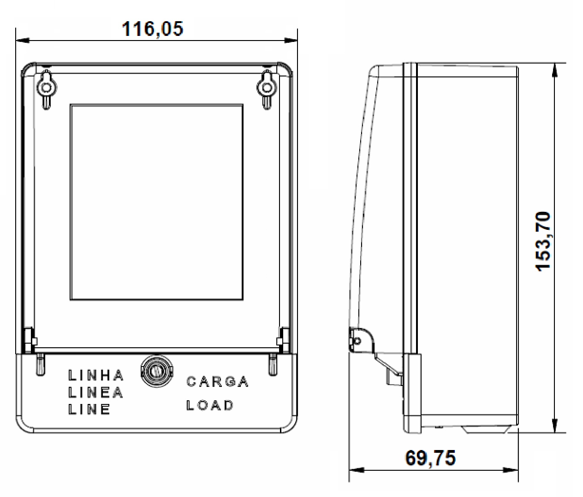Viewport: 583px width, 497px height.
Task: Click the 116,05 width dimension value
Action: pyautogui.click(x=153, y=29)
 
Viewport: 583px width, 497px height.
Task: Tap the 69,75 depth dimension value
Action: pyautogui.click(x=430, y=458)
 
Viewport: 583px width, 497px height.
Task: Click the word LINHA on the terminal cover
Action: pyautogui.click(x=96, y=375)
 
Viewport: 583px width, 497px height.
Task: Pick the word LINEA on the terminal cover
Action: pyautogui.click(x=96, y=392)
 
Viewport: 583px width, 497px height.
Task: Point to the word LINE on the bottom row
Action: pyautogui.click(x=89, y=409)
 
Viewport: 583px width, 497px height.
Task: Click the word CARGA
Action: pyautogui.click(x=217, y=381)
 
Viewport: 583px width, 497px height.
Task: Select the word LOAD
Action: pyautogui.click(x=210, y=405)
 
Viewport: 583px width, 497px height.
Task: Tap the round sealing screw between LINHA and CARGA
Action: pyautogui.click(x=156, y=371)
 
